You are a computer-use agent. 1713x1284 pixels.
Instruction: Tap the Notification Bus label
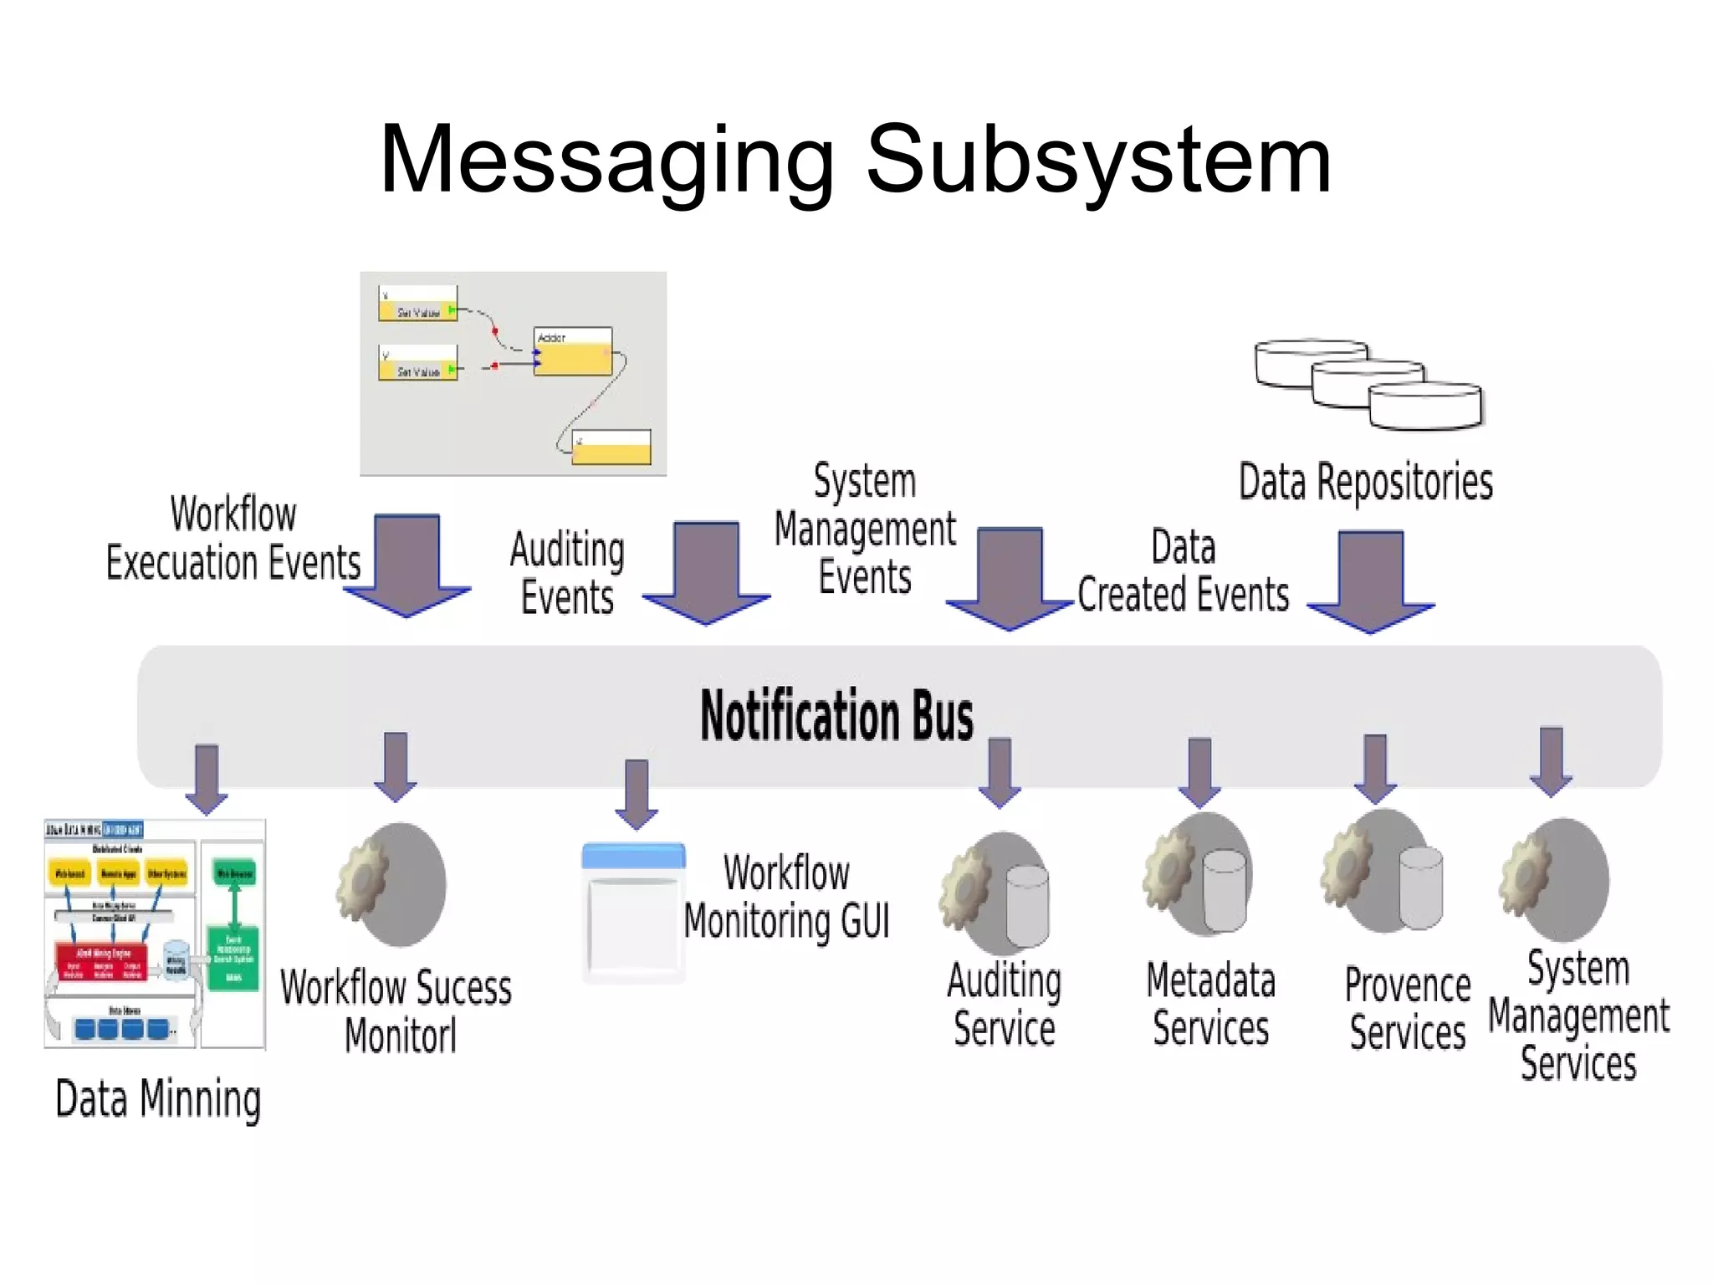pyautogui.click(x=836, y=716)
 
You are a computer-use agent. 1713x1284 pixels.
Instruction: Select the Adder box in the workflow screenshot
pyautogui.click(x=573, y=351)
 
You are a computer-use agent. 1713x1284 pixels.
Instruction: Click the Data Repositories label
pyautogui.click(x=1365, y=483)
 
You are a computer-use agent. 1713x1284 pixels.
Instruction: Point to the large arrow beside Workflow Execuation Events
pyautogui.click(x=407, y=565)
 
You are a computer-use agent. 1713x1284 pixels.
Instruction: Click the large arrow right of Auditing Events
pyautogui.click(x=706, y=571)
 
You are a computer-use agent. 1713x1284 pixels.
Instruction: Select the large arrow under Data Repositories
pyautogui.click(x=1370, y=580)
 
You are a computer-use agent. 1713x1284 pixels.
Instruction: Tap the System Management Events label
pyautogui.click(x=865, y=529)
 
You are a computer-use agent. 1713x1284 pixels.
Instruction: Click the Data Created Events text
pyautogui.click(x=1183, y=571)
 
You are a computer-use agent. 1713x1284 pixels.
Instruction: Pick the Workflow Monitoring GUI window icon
pyautogui.click(x=634, y=912)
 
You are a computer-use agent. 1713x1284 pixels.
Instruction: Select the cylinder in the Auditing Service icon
pyautogui.click(x=1027, y=907)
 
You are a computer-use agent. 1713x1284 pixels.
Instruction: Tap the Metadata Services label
pyautogui.click(x=1210, y=1004)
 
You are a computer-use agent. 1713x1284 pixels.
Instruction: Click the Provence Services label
pyautogui.click(x=1408, y=1008)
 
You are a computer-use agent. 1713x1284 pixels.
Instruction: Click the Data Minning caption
pyautogui.click(x=158, y=1099)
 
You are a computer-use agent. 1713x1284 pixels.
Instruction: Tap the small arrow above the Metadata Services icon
pyautogui.click(x=1199, y=771)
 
